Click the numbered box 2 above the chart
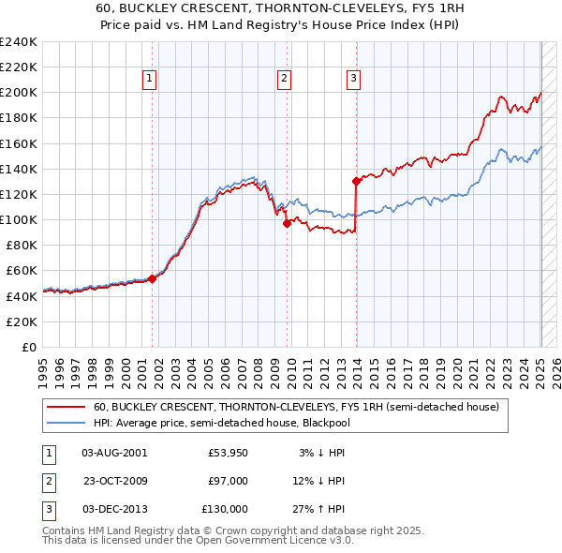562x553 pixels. (284, 80)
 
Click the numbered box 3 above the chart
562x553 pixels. (353, 80)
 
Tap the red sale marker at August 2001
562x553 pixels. (152, 278)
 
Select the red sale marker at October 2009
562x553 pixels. (287, 223)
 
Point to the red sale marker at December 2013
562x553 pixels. (356, 181)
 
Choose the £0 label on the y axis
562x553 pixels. (30, 347)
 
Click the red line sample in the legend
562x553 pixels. (67, 407)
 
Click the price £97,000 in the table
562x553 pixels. (228, 481)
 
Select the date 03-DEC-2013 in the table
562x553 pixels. (114, 509)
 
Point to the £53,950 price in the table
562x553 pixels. (228, 453)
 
